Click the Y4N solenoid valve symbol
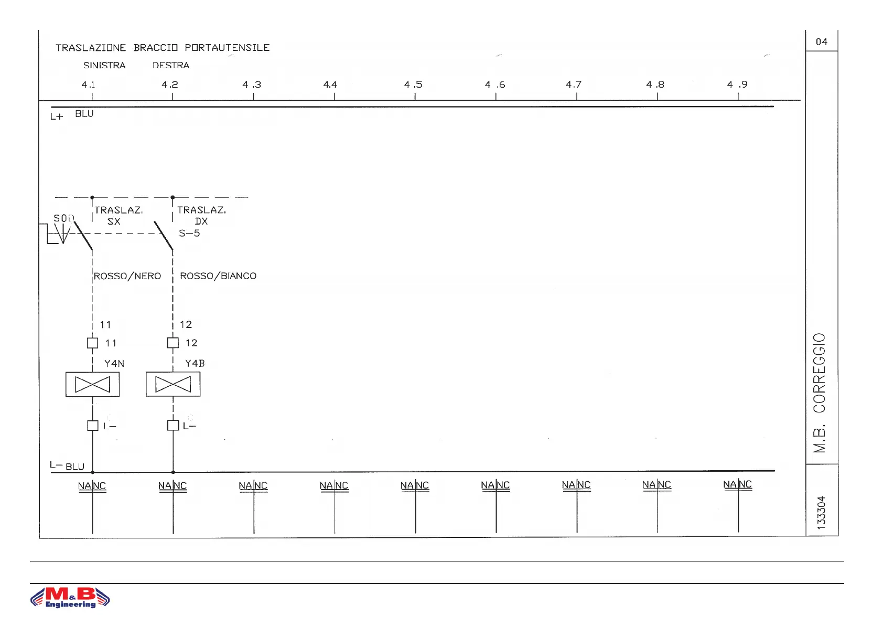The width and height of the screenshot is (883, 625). tap(92, 385)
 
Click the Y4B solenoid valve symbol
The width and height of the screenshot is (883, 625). tap(173, 385)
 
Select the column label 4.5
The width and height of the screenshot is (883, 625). tap(413, 84)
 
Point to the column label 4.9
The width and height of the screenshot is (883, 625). tap(737, 84)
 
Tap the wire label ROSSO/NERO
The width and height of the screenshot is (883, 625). tap(127, 276)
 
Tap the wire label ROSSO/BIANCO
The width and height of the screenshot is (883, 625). tap(218, 276)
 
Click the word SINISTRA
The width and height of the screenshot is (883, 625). tap(104, 66)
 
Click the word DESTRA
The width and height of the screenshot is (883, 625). tap(171, 66)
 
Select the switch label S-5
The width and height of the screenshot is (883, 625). tap(189, 234)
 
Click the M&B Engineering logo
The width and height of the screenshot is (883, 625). tap(70, 598)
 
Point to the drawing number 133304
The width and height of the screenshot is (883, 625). tap(821, 512)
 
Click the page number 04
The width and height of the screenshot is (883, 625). tap(822, 42)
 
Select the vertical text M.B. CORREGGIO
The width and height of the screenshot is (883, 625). tap(820, 393)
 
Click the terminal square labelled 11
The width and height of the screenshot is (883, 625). tap(92, 343)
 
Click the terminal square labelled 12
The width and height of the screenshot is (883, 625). tap(173, 343)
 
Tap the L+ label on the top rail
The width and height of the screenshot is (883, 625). tap(57, 116)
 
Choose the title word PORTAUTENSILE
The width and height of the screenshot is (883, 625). tap(227, 48)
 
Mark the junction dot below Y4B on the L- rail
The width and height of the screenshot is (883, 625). tap(173, 472)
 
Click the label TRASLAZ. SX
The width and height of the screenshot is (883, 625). tap(117, 216)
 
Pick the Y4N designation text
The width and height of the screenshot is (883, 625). tap(114, 364)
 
